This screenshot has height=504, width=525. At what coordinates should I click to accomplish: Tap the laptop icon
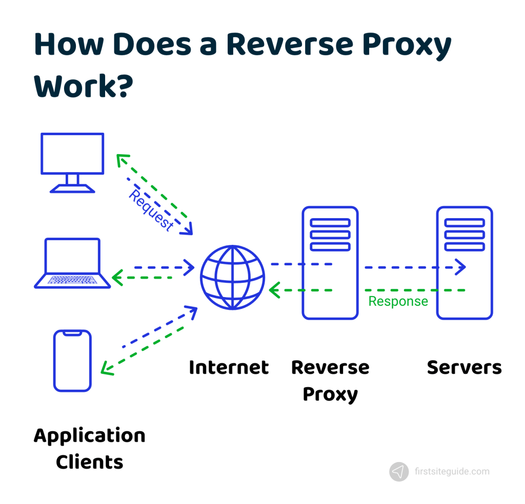72,263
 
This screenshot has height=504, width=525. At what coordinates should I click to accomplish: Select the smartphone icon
72,361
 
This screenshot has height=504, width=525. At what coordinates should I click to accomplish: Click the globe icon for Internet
232,278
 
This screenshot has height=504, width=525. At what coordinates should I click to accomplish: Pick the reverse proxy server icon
330,263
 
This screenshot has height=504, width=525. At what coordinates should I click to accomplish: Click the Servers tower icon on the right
464,263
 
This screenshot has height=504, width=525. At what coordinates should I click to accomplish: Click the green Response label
398,301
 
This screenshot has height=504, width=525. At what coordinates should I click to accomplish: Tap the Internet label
229,367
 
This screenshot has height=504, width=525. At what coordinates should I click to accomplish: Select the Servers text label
464,367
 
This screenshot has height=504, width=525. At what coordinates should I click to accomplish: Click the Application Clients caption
90,449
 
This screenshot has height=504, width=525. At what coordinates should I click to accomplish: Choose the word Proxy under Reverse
330,394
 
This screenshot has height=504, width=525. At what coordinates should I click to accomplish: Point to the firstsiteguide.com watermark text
451,471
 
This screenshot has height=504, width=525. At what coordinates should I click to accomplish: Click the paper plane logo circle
399,472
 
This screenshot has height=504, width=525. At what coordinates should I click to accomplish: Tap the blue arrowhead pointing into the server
461,267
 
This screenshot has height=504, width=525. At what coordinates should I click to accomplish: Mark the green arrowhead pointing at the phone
106,369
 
